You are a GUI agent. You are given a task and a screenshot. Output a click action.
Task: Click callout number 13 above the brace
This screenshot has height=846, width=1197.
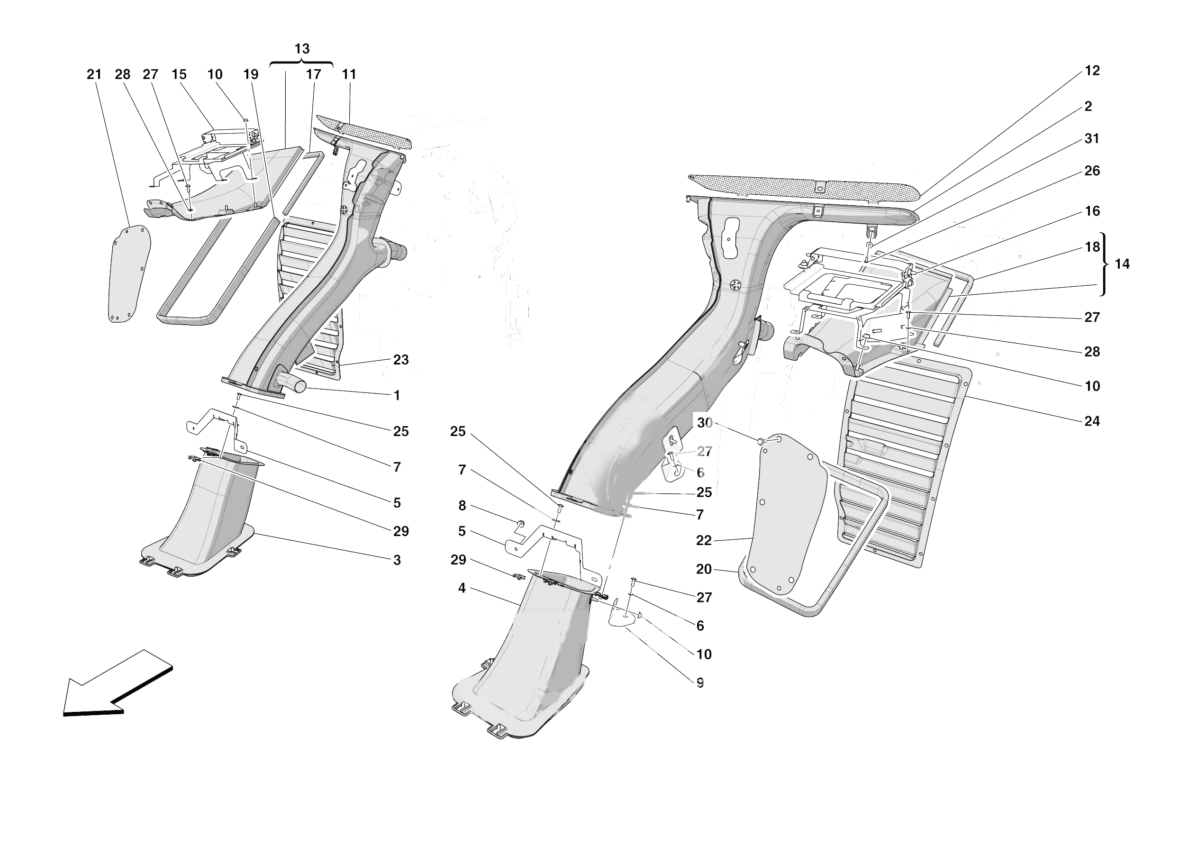302,49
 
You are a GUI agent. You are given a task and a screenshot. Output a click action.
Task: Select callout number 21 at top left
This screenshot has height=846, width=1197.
94,74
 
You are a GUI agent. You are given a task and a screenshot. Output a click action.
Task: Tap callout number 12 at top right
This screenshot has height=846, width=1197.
1092,71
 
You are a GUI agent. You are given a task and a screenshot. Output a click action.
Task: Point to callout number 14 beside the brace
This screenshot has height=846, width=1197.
1122,264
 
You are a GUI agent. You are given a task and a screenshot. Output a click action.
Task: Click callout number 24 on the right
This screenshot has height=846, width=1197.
1092,421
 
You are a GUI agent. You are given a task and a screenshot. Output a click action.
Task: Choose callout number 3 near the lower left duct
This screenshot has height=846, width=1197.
397,560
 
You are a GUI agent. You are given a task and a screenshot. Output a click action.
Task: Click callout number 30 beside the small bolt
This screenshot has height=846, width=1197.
704,423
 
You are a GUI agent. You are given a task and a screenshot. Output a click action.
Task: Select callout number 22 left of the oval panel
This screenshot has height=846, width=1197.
703,541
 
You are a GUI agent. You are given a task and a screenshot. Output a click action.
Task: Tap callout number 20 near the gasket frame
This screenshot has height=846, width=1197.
703,570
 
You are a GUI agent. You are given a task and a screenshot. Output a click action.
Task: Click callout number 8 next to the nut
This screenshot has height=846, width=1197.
462,506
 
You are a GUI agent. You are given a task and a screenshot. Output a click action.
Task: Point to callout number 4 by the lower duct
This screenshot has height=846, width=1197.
462,588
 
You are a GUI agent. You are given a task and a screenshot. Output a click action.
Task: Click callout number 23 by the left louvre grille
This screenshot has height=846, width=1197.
400,360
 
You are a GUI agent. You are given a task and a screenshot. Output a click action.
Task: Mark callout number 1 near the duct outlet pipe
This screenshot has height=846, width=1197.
397,396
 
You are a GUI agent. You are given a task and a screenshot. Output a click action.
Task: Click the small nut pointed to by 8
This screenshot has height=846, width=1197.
520,523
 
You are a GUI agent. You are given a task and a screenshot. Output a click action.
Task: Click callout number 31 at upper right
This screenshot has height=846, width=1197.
1092,139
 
